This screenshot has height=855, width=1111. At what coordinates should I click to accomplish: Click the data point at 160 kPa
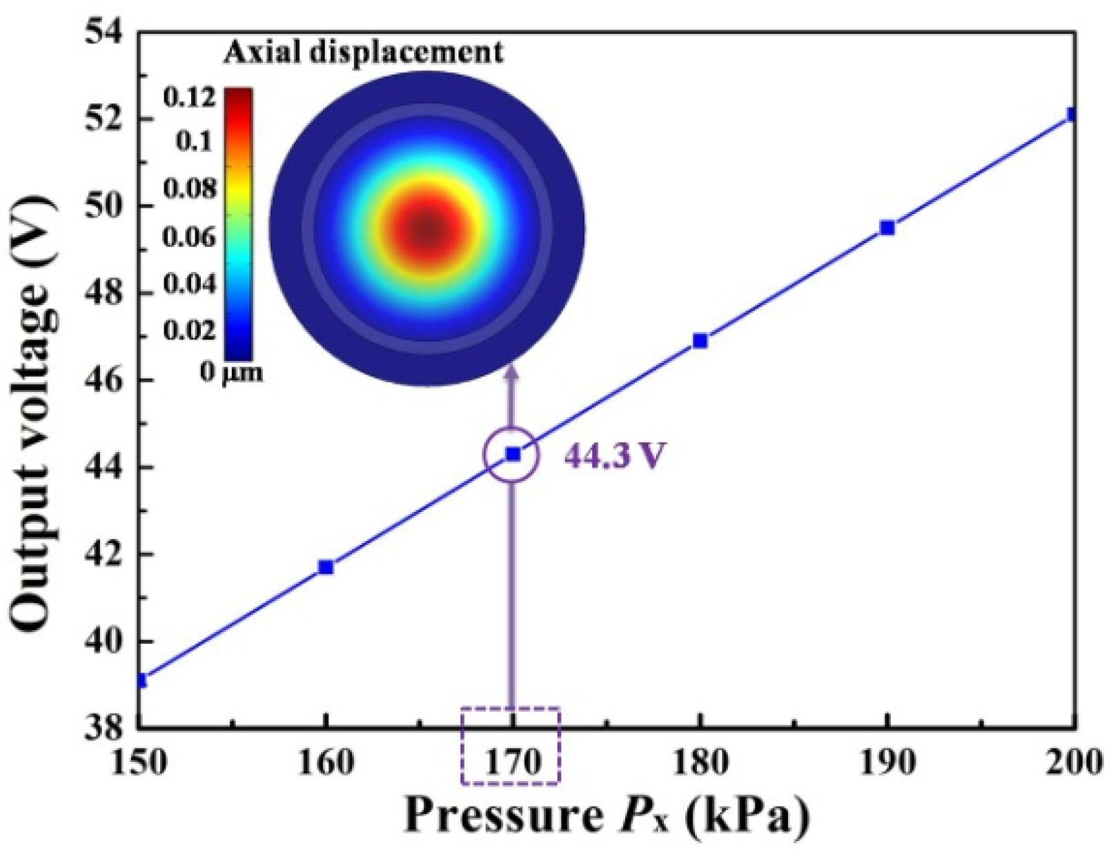[326, 567]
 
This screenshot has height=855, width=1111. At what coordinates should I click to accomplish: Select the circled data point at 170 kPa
[513, 454]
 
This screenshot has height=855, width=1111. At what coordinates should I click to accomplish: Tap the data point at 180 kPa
[700, 341]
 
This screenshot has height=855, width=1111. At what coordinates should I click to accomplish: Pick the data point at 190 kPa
[887, 228]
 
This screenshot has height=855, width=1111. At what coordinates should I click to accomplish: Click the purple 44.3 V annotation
[615, 455]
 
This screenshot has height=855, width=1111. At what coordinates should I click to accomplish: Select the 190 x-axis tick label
[887, 763]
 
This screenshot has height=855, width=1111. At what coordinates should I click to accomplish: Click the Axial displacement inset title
[364, 52]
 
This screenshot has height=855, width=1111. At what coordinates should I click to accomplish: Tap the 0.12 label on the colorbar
[188, 97]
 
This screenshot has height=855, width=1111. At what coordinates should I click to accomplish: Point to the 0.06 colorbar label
[188, 237]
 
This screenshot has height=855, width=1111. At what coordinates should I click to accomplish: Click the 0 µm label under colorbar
[232, 373]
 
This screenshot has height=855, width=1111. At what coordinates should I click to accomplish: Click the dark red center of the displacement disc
[427, 229]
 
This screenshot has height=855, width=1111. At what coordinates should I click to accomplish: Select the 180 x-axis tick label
[700, 763]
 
